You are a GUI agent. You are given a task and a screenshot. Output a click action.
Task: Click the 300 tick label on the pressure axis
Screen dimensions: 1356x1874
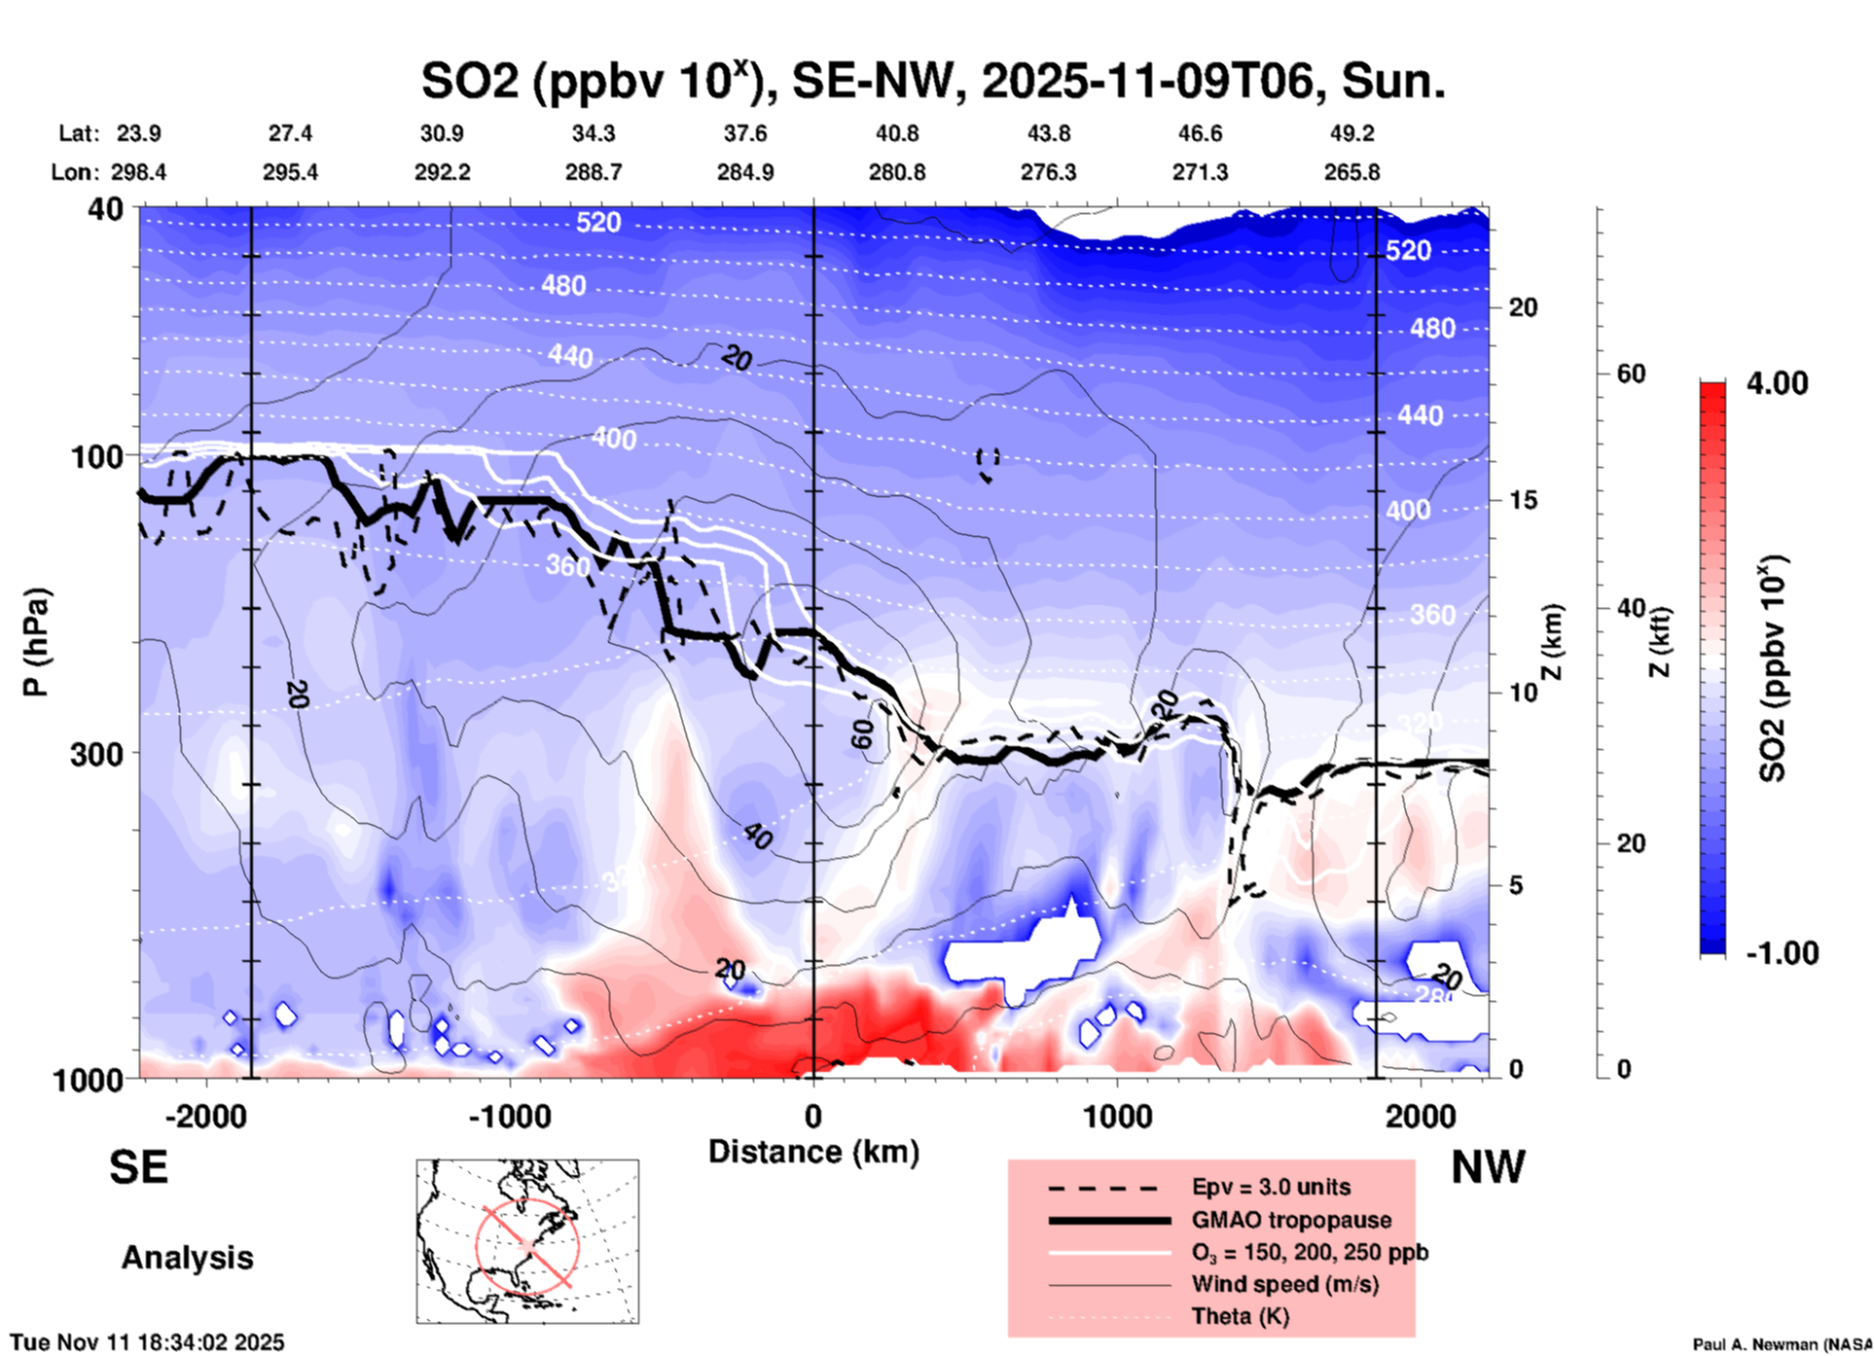click(x=96, y=754)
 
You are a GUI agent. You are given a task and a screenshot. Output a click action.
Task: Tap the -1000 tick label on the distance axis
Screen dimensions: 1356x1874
click(x=509, y=1117)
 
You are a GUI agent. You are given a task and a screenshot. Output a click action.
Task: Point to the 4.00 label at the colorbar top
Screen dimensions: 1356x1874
click(x=1777, y=383)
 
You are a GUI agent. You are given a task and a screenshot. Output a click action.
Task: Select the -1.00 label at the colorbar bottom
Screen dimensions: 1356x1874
click(x=1782, y=953)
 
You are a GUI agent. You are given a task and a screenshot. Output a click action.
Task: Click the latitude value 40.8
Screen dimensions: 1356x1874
click(x=896, y=133)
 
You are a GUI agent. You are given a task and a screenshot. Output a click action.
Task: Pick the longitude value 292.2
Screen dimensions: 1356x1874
click(x=443, y=172)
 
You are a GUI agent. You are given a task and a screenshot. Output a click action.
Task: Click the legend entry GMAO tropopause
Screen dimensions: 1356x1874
click(x=1290, y=1220)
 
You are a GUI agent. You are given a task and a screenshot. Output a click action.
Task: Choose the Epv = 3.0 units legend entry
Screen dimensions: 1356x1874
click(x=1270, y=1187)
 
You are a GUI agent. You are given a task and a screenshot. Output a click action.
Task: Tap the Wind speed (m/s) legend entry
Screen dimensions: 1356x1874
click(x=1284, y=1284)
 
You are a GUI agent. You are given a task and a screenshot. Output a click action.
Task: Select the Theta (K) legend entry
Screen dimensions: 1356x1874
click(x=1240, y=1316)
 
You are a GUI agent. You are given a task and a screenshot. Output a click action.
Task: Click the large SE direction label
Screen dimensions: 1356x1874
click(x=138, y=1167)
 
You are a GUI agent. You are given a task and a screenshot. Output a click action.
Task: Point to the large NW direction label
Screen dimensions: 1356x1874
click(x=1488, y=1167)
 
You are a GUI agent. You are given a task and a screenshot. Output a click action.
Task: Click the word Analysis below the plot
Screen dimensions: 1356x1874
click(x=187, y=1258)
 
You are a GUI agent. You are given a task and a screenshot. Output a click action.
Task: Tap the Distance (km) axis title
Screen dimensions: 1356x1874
click(x=813, y=1152)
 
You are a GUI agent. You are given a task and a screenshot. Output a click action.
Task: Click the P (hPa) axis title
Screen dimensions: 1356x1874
click(x=35, y=642)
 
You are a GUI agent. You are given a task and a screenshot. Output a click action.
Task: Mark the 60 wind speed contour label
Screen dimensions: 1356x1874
click(x=862, y=734)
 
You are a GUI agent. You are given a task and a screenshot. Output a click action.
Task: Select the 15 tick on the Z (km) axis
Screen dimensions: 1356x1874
click(x=1523, y=500)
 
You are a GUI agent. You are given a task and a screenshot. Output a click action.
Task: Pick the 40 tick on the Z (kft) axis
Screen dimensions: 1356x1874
click(x=1631, y=609)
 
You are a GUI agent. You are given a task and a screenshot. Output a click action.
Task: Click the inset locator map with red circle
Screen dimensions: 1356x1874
click(x=527, y=1240)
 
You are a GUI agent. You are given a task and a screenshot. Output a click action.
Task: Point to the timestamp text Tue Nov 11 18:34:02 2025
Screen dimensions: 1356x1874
click(x=148, y=1342)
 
